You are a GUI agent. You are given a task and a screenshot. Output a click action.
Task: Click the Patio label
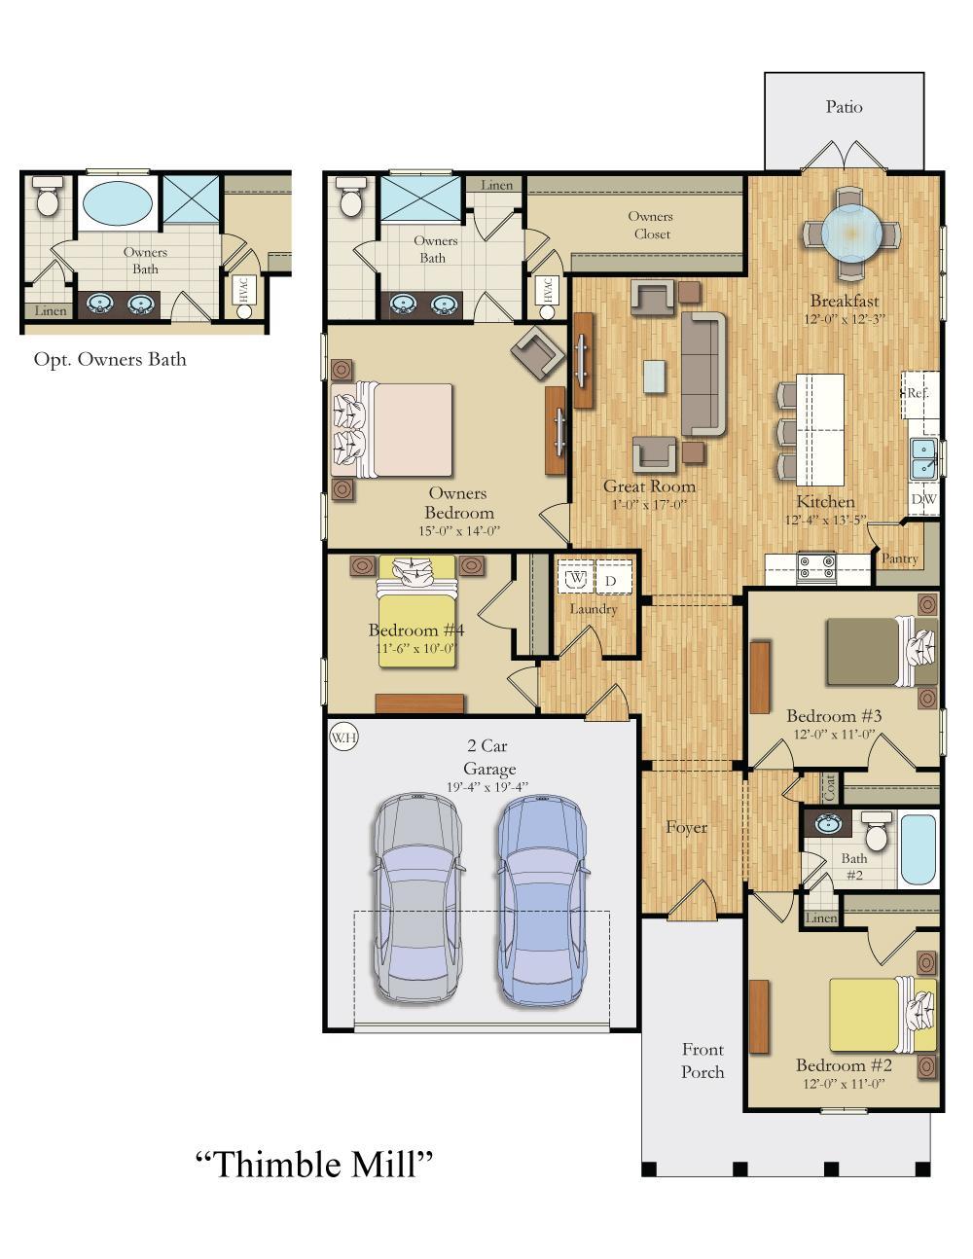coord(844,107)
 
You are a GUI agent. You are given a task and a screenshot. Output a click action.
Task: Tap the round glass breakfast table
coord(850,234)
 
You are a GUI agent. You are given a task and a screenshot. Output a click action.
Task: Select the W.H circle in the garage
coord(343,737)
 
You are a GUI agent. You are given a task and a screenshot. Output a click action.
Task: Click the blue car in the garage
coord(541,899)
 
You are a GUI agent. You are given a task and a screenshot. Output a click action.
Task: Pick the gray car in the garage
coord(417,899)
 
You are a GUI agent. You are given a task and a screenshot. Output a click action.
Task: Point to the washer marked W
coord(576,578)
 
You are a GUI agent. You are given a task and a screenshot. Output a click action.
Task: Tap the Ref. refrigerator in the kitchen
coord(919,394)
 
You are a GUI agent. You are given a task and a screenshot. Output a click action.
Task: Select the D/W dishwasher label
coord(923,499)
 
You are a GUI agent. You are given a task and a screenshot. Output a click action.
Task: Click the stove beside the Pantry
coord(816,566)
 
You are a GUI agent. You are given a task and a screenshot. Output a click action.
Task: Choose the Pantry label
coord(899,558)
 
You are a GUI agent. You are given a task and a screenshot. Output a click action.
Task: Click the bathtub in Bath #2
coord(918,848)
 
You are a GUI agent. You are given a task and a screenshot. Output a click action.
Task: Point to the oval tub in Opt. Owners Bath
coord(117,203)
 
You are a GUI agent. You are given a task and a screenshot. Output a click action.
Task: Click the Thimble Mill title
coord(314,1163)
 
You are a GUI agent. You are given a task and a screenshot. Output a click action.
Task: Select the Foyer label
coord(686,827)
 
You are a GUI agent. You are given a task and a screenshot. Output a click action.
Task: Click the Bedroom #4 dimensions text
coord(415,648)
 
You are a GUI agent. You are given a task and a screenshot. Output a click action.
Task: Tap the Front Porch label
coord(703,1061)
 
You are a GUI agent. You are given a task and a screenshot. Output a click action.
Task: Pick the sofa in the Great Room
coord(703,374)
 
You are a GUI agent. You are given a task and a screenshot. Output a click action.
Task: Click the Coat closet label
coord(829,787)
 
